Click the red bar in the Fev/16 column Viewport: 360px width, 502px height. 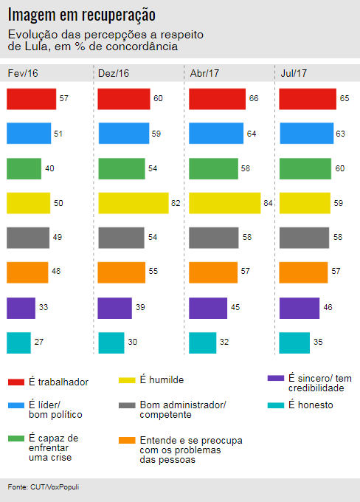click(x=32, y=99)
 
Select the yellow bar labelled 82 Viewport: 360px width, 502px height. click(x=134, y=203)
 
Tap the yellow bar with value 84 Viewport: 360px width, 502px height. click(x=225, y=203)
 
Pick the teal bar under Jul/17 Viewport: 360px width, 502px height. click(x=294, y=343)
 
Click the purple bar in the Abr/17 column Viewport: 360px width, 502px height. click(x=208, y=308)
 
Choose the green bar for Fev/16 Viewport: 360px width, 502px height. click(x=24, y=169)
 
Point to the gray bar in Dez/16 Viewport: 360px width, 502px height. click(x=121, y=238)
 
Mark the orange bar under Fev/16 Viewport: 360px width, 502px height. click(x=27, y=272)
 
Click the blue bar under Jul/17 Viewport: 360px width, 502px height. click(x=307, y=133)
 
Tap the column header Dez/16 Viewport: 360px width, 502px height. click(x=114, y=73)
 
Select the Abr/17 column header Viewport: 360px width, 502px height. click(x=204, y=73)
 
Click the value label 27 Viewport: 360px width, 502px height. click(x=39, y=342)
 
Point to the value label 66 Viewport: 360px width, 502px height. click(x=254, y=98)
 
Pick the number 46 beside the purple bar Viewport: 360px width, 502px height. click(x=328, y=307)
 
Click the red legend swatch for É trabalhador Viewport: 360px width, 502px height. click(x=16, y=382)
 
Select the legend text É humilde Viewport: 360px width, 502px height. click(x=162, y=380)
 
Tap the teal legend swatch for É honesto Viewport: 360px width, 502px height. click(x=275, y=405)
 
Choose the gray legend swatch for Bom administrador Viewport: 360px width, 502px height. click(x=127, y=405)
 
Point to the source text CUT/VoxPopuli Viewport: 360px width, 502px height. click(x=55, y=487)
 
